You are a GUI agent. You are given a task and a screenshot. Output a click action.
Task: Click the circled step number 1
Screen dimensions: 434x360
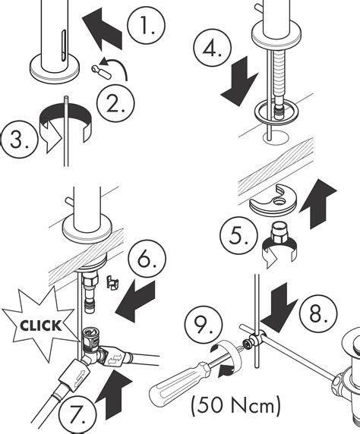click(144, 28)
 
